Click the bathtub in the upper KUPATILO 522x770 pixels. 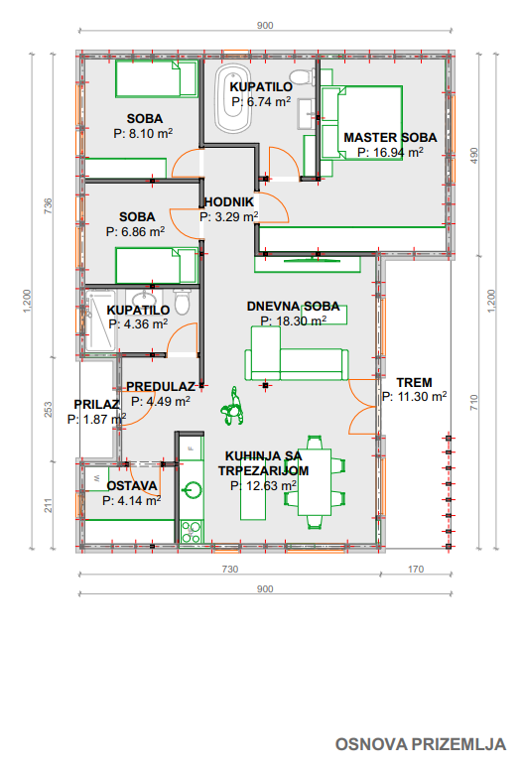click(233, 99)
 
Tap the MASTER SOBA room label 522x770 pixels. click(390, 138)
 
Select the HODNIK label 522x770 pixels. click(229, 201)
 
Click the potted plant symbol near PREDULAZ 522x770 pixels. click(232, 407)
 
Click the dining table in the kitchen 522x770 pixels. click(315, 481)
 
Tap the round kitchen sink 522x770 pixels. click(192, 490)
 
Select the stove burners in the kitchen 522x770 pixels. click(192, 531)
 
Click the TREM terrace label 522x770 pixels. click(415, 382)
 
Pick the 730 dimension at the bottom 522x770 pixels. click(230, 570)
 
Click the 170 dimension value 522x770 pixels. click(416, 570)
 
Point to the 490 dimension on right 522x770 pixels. click(474, 155)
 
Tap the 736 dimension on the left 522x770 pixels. click(48, 205)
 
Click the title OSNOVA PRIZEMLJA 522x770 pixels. click(421, 744)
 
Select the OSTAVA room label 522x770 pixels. click(132, 485)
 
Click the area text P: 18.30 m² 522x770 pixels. click(293, 321)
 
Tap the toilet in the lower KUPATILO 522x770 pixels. click(183, 301)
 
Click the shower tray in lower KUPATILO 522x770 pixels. click(100, 321)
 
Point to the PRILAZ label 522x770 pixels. click(96, 404)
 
